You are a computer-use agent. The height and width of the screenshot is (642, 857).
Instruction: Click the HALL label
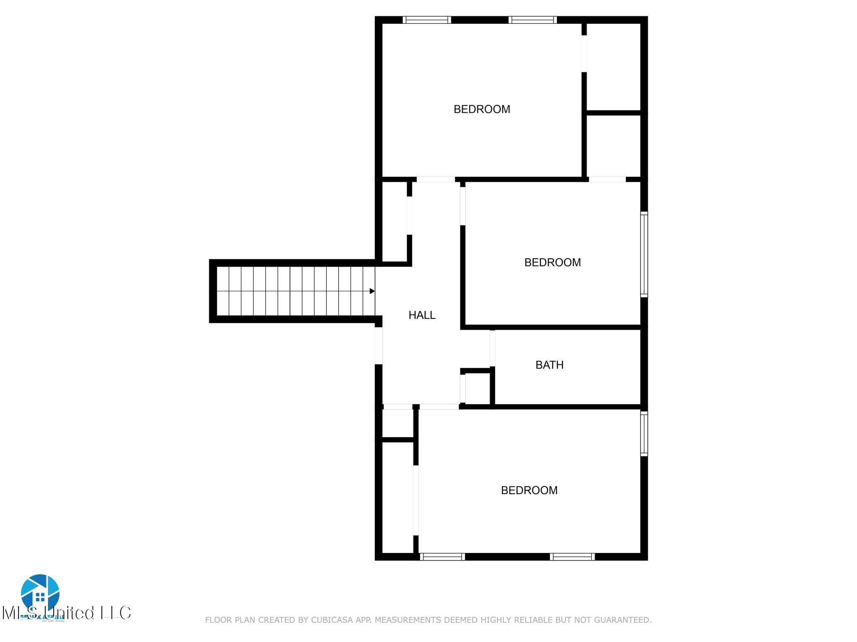[x=422, y=315]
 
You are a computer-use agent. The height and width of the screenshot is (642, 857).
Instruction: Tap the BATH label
[x=549, y=365]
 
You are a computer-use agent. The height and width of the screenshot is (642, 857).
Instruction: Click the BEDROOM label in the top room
[x=482, y=109]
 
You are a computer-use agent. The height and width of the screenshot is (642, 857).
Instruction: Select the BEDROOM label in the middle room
[x=552, y=262]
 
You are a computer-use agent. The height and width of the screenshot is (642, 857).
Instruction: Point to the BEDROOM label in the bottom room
[x=529, y=490]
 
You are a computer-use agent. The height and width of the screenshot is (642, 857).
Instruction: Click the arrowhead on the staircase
[x=372, y=291]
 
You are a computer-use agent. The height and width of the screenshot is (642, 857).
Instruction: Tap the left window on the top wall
[x=426, y=20]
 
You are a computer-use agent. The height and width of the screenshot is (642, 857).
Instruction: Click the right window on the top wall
[x=533, y=20]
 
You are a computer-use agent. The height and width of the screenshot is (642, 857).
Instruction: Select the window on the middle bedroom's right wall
[x=644, y=255]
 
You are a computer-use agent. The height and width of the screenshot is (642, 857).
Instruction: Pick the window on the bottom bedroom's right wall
[x=644, y=433]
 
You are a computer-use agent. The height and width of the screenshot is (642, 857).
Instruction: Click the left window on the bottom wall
[x=442, y=556]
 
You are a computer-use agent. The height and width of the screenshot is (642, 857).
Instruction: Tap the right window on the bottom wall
[x=572, y=556]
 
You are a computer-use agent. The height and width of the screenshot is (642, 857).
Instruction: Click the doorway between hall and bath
[x=493, y=348]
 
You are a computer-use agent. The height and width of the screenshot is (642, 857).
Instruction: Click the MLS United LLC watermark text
[x=67, y=613]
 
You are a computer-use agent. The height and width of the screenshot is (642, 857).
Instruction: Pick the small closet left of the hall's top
[x=395, y=222]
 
